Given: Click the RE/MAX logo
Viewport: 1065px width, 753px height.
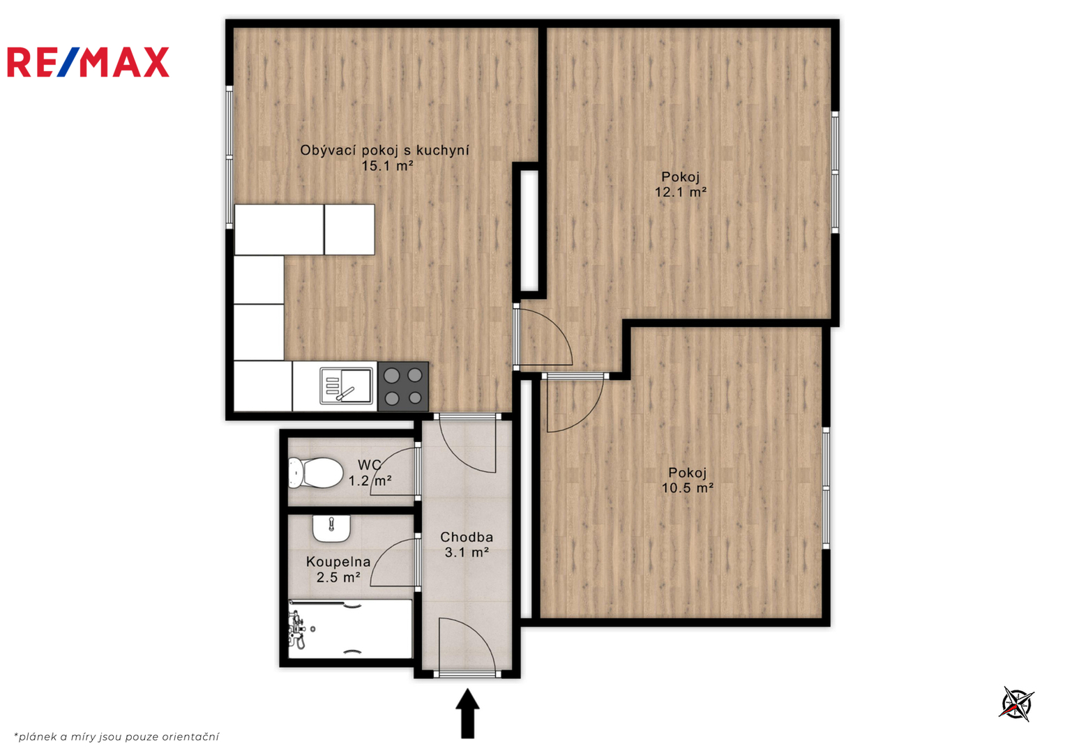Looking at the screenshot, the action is coord(88,62).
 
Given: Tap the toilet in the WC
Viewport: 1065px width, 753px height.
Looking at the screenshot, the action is coord(316,473).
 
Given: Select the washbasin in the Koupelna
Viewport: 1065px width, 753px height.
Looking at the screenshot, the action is coord(331,528).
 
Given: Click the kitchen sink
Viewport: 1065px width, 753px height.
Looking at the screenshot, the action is coord(346,386).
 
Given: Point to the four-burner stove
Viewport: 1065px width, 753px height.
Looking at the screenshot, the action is coord(403,387).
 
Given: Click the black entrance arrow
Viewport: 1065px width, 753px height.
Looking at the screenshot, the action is coord(468,713).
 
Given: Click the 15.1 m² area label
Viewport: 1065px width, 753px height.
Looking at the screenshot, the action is coord(387,166).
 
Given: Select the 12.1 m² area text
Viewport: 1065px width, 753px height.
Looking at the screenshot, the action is coord(681,192).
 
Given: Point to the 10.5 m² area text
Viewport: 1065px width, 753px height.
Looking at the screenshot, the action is coord(688,488).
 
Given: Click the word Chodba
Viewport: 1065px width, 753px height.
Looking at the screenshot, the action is coord(467,537).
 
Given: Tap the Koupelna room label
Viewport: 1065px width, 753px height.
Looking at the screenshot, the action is coord(338,562).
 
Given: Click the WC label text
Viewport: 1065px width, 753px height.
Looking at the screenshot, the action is coord(370,464).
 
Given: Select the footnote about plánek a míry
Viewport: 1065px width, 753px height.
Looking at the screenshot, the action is coord(116,737).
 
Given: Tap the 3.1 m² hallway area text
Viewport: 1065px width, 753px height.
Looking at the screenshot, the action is coord(467,552).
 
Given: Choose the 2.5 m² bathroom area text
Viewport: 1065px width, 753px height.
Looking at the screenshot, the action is coord(338,577).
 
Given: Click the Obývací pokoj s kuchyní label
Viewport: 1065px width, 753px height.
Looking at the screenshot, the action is coord(384,150).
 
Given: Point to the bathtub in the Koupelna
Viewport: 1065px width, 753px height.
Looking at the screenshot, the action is coord(350,629).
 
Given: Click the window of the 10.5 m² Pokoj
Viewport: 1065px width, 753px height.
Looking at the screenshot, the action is coord(826,488).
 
